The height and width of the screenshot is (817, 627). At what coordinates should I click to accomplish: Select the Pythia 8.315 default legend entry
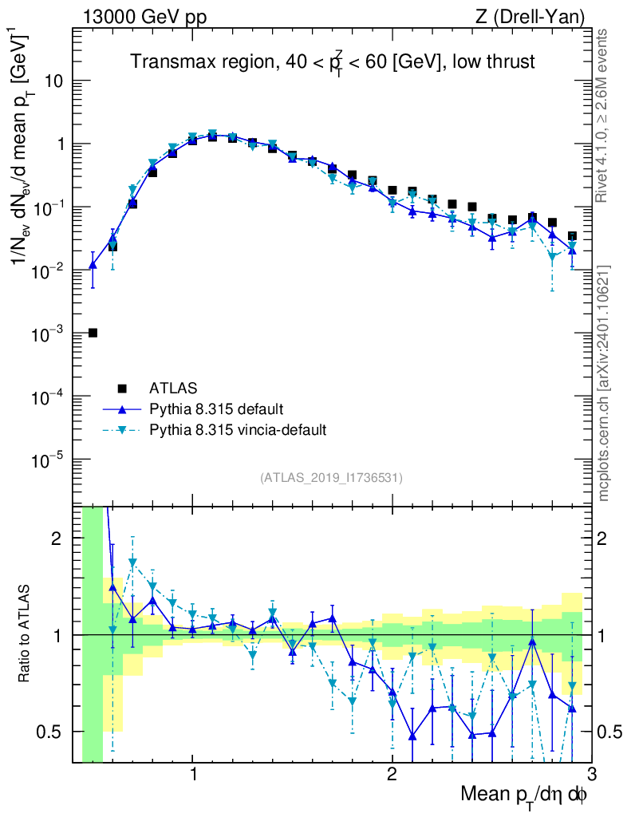point(216,409)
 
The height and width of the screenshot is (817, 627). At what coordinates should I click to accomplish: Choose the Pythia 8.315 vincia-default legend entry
point(238,430)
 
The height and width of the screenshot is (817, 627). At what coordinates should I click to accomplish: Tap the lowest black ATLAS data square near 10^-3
point(93,333)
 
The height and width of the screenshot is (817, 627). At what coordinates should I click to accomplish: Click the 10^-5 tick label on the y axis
point(49,460)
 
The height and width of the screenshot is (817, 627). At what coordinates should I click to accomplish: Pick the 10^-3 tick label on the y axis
point(49,334)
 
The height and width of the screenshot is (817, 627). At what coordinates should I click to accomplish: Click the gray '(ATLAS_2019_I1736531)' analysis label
point(331,478)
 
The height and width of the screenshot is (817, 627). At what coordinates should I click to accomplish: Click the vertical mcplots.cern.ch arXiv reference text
point(604,383)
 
